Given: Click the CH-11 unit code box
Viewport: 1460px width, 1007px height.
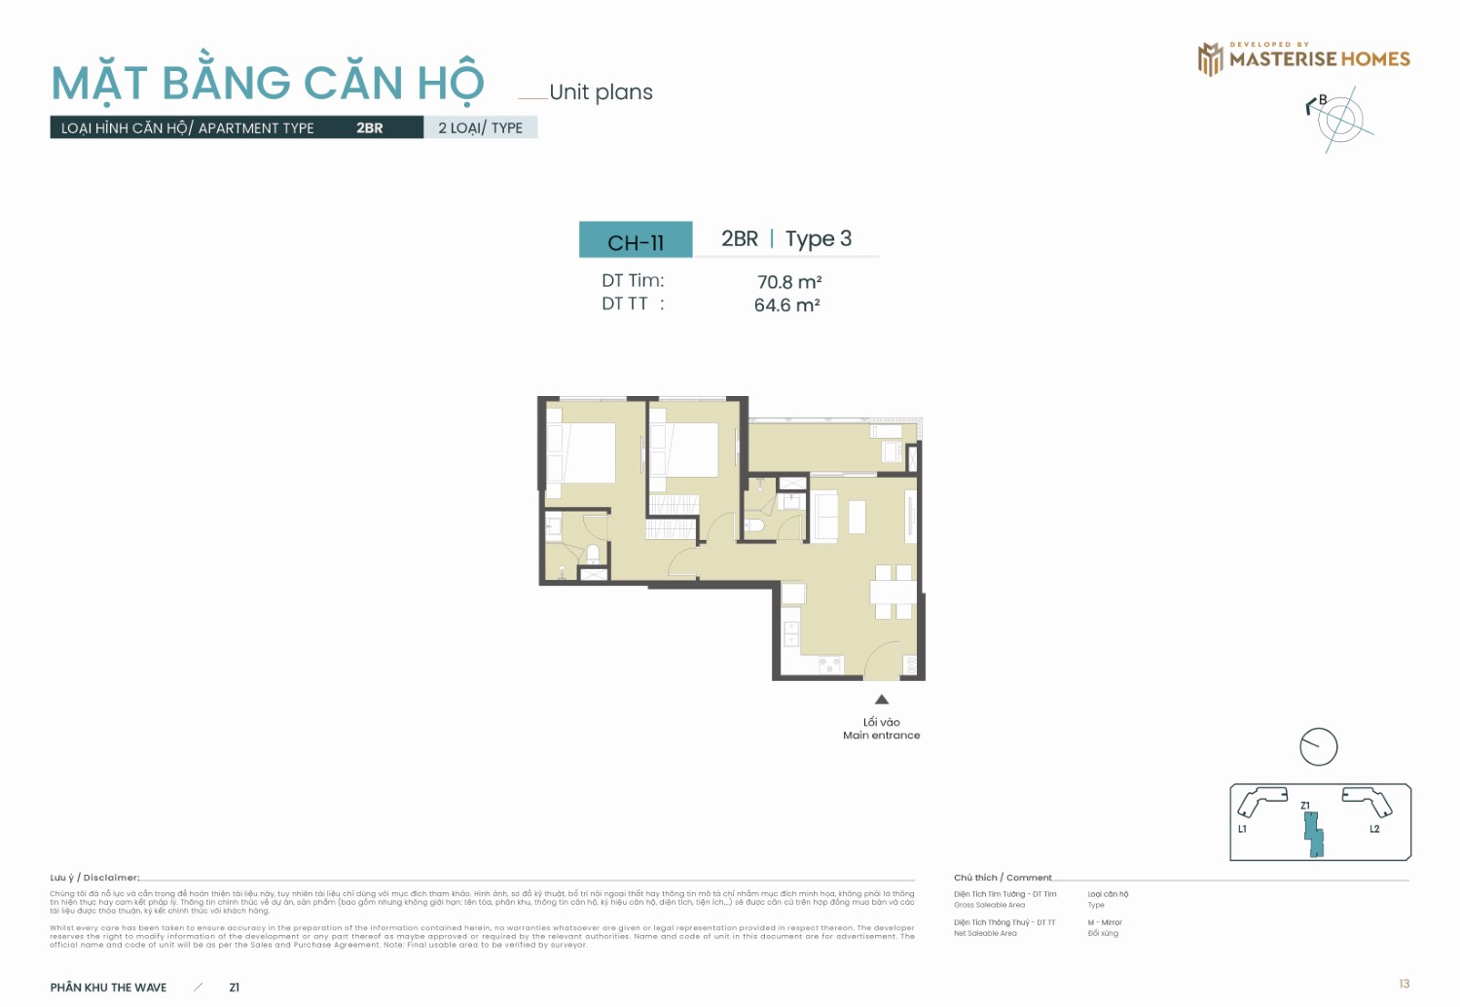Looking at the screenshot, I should pos(636,240).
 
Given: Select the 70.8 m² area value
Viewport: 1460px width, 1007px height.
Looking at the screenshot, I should pos(788,282).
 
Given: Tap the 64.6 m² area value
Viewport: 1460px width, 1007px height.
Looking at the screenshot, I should pos(786,306).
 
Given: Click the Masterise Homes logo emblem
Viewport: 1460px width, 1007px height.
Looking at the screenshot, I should pos(1210,59).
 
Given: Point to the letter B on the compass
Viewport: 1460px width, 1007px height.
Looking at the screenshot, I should pos(1323,100).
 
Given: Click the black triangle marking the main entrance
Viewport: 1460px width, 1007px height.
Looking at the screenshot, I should pos(882,700).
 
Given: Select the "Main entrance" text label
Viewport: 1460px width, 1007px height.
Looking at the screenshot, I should pos(881,736).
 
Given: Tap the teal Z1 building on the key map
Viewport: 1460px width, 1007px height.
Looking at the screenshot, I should pos(1313,834).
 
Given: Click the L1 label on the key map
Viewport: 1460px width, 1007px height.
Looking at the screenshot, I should pos(1242,829).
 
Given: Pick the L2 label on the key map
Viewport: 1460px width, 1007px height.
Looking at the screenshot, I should pos(1374,829).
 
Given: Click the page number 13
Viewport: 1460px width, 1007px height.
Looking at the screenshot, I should pos(1404,984).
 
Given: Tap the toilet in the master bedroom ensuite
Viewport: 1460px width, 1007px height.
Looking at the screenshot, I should pos(593,555).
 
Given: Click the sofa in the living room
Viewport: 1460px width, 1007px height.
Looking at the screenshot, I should pos(825,517).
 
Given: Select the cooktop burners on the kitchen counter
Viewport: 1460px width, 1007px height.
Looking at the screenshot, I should pos(829,665).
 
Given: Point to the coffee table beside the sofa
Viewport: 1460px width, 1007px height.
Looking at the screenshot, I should pos(857,517).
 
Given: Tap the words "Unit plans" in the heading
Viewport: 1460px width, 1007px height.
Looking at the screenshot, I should pos(601,92).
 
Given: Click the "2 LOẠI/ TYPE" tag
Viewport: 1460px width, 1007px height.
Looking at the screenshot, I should pos(480,127).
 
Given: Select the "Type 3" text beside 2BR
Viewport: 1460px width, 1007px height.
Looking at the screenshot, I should pos(818,238).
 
